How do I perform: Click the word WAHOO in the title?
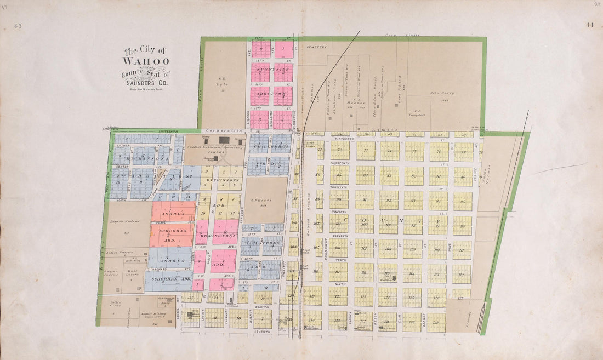coord(145,61)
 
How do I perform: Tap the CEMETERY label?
coord(316,47)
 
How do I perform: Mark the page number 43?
coord(18,25)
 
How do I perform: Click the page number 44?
coord(589,25)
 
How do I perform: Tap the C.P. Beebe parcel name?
coord(265,201)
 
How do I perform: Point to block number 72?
coord(340,150)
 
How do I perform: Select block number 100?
coord(365,224)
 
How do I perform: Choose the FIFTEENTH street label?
coord(343,140)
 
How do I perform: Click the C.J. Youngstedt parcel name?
coord(420,113)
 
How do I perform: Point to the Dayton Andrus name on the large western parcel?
coord(122,221)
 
